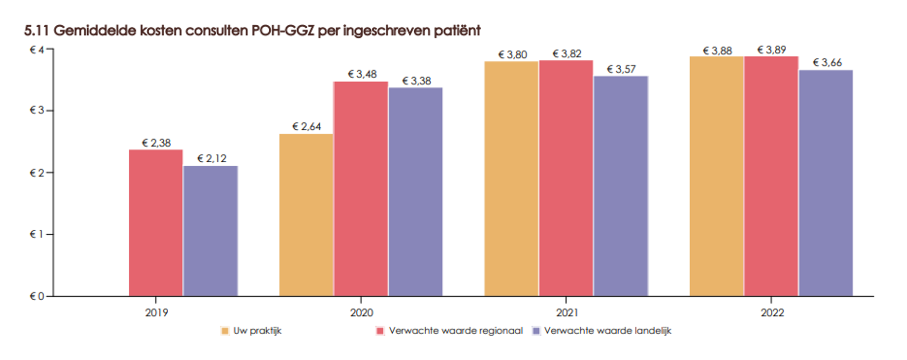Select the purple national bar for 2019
click(210, 231)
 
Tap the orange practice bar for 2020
click(306, 215)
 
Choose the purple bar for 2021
click(621, 186)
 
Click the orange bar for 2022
click(716, 176)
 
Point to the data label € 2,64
click(307, 127)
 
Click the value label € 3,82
click(567, 54)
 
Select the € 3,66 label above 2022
click(827, 63)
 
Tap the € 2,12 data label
click(212, 158)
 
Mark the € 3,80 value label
click(512, 55)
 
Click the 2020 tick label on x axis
click(361, 312)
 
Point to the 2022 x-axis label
click(772, 312)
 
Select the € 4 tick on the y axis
click(37, 50)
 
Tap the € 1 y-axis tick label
click(37, 234)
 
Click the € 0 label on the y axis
click(37, 296)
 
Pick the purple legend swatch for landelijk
click(537, 331)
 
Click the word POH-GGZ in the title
click(283, 31)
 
